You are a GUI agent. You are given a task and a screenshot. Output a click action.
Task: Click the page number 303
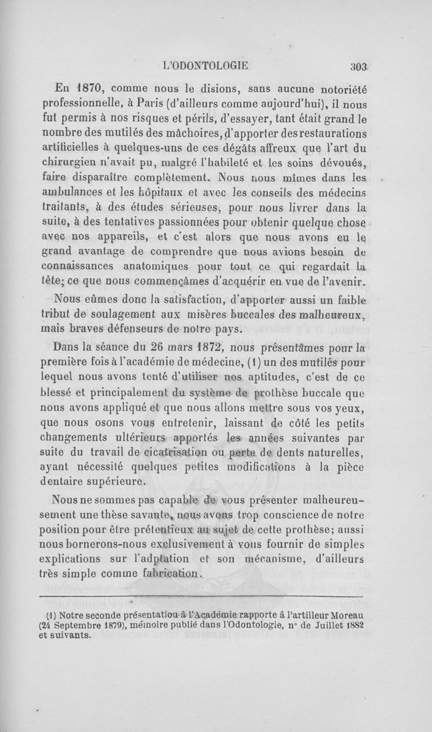tap(358, 66)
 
